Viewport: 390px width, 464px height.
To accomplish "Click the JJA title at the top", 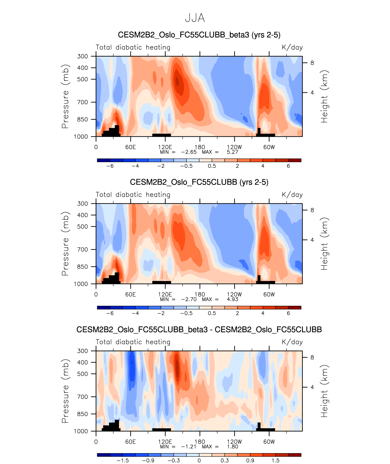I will click(x=195, y=18).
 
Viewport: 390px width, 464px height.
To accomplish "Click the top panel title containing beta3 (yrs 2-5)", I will click(x=199, y=35).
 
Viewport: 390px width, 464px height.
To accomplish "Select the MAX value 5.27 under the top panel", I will click(x=232, y=152).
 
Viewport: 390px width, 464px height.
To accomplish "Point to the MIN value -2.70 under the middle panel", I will click(x=189, y=299).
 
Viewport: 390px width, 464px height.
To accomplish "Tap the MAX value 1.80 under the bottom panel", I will click(x=232, y=447).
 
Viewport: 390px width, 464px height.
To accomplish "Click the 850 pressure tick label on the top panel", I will click(x=82, y=119).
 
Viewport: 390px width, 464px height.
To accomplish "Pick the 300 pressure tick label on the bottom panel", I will click(x=82, y=351).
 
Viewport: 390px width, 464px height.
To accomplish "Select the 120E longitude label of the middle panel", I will click(x=165, y=295).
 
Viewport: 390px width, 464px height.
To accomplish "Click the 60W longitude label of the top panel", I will click(x=269, y=147).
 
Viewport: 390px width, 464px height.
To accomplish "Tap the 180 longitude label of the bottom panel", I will click(x=200, y=442).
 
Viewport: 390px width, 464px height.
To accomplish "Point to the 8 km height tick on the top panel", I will click(x=312, y=63).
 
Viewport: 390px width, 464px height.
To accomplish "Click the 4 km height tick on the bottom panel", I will click(x=312, y=387).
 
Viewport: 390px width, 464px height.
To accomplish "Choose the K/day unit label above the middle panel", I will click(x=292, y=195).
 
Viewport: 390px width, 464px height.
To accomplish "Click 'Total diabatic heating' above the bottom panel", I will click(x=133, y=342).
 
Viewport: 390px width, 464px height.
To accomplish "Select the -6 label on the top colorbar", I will click(x=110, y=166).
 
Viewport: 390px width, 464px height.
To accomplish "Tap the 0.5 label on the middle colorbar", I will click(x=212, y=313).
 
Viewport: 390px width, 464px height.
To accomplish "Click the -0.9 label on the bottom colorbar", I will click(x=148, y=461).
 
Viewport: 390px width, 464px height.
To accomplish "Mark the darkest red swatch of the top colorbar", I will click(x=295, y=160).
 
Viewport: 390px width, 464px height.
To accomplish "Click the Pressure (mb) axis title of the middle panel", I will click(x=65, y=244).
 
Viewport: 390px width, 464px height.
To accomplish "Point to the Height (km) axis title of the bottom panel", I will click(x=324, y=391).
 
